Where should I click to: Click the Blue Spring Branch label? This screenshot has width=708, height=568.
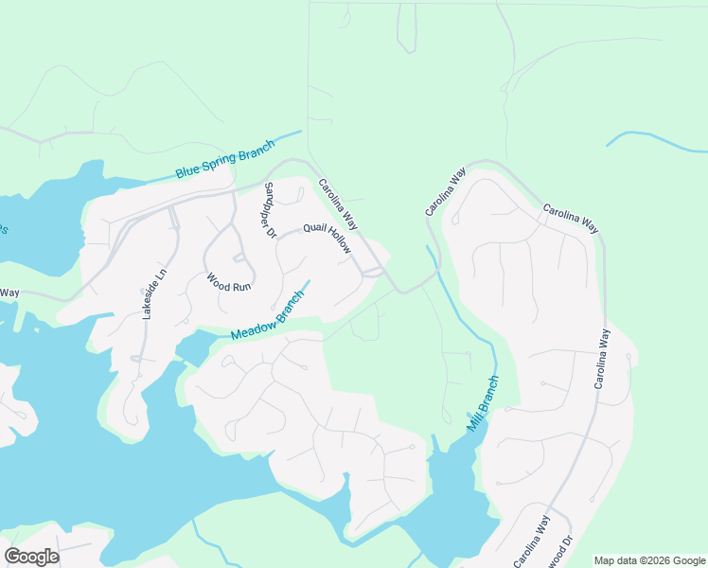click(224, 159)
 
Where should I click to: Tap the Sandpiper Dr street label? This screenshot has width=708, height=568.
click(269, 208)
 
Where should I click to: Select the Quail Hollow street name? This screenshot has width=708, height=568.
click(327, 239)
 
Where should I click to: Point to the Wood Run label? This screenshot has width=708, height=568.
click(229, 282)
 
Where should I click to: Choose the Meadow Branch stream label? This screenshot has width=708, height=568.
click(269, 316)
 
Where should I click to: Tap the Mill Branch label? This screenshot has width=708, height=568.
click(482, 403)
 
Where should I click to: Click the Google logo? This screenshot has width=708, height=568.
click(31, 557)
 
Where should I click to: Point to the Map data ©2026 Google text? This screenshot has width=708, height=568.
click(650, 560)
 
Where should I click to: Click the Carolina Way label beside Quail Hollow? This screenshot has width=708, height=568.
click(339, 204)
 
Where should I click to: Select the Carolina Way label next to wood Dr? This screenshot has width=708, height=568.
click(532, 541)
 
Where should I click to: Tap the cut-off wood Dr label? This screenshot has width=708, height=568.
click(565, 551)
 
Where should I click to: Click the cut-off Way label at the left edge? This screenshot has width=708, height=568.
click(9, 293)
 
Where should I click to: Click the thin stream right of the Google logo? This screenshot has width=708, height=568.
click(208, 544)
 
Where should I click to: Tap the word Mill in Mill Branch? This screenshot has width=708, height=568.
click(472, 420)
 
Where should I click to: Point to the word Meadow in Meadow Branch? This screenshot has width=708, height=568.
click(253, 325)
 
